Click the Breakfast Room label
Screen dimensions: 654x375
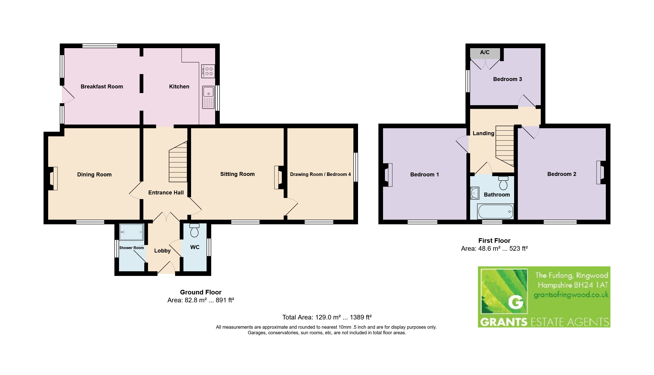coord(102,87)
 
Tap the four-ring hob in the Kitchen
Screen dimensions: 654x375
coord(208,71)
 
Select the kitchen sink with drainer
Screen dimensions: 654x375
coord(208,97)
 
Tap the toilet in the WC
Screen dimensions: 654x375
coord(194,230)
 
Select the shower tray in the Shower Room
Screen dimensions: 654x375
coord(131,232)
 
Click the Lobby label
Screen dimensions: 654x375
coord(162,251)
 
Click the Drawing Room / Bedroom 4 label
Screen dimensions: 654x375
coord(320,174)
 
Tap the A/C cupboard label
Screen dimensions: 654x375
coord(485,52)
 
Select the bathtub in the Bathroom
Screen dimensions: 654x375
coord(496,211)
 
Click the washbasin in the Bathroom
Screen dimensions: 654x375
coord(475,193)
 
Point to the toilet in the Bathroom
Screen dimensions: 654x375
coord(503,183)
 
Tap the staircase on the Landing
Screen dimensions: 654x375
coord(505,146)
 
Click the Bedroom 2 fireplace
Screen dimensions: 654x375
coord(601,172)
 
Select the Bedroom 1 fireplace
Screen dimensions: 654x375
coord(388,175)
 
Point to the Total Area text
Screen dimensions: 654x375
coord(327,317)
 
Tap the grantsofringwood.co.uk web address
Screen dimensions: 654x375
coord(571,295)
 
